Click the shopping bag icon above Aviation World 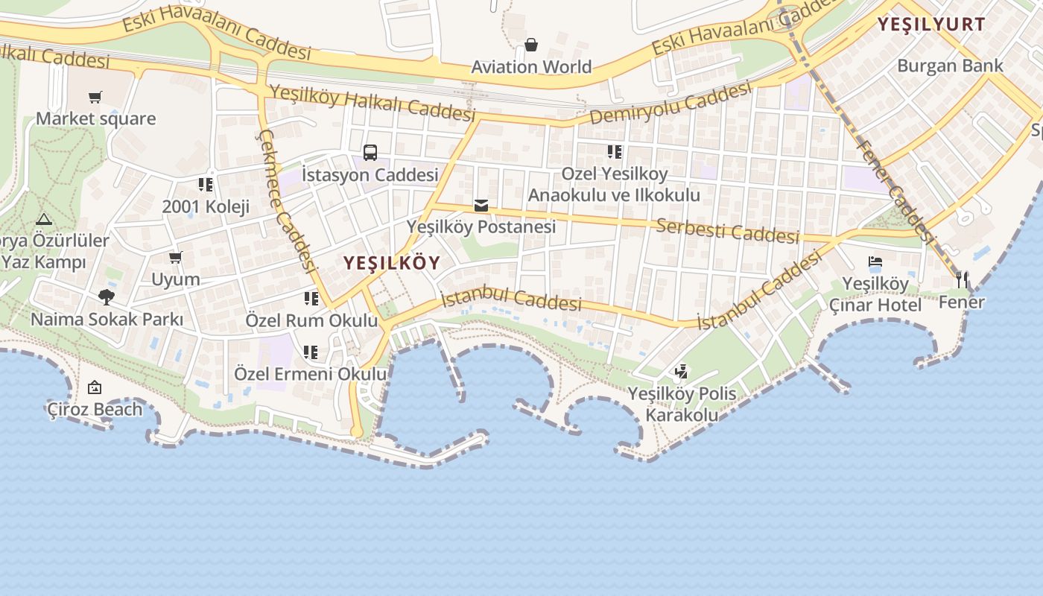tap(531, 45)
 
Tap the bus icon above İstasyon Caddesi tap(370, 153)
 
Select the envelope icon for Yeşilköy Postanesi tap(481, 205)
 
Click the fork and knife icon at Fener tap(962, 280)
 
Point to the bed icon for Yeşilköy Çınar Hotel tap(875, 262)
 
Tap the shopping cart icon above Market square tap(95, 97)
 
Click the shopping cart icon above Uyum tap(176, 258)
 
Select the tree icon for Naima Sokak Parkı tap(107, 297)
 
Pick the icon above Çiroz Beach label tap(95, 387)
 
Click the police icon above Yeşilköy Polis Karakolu tap(681, 371)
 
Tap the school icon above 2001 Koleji tap(206, 184)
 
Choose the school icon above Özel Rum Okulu tap(311, 299)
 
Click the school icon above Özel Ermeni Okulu tap(311, 352)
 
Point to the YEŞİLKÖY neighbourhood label tap(391, 263)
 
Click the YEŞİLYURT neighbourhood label tap(931, 24)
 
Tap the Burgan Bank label tap(950, 66)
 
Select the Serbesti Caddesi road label tap(727, 230)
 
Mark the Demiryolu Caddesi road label tap(670, 104)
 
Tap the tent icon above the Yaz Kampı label tap(43, 220)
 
